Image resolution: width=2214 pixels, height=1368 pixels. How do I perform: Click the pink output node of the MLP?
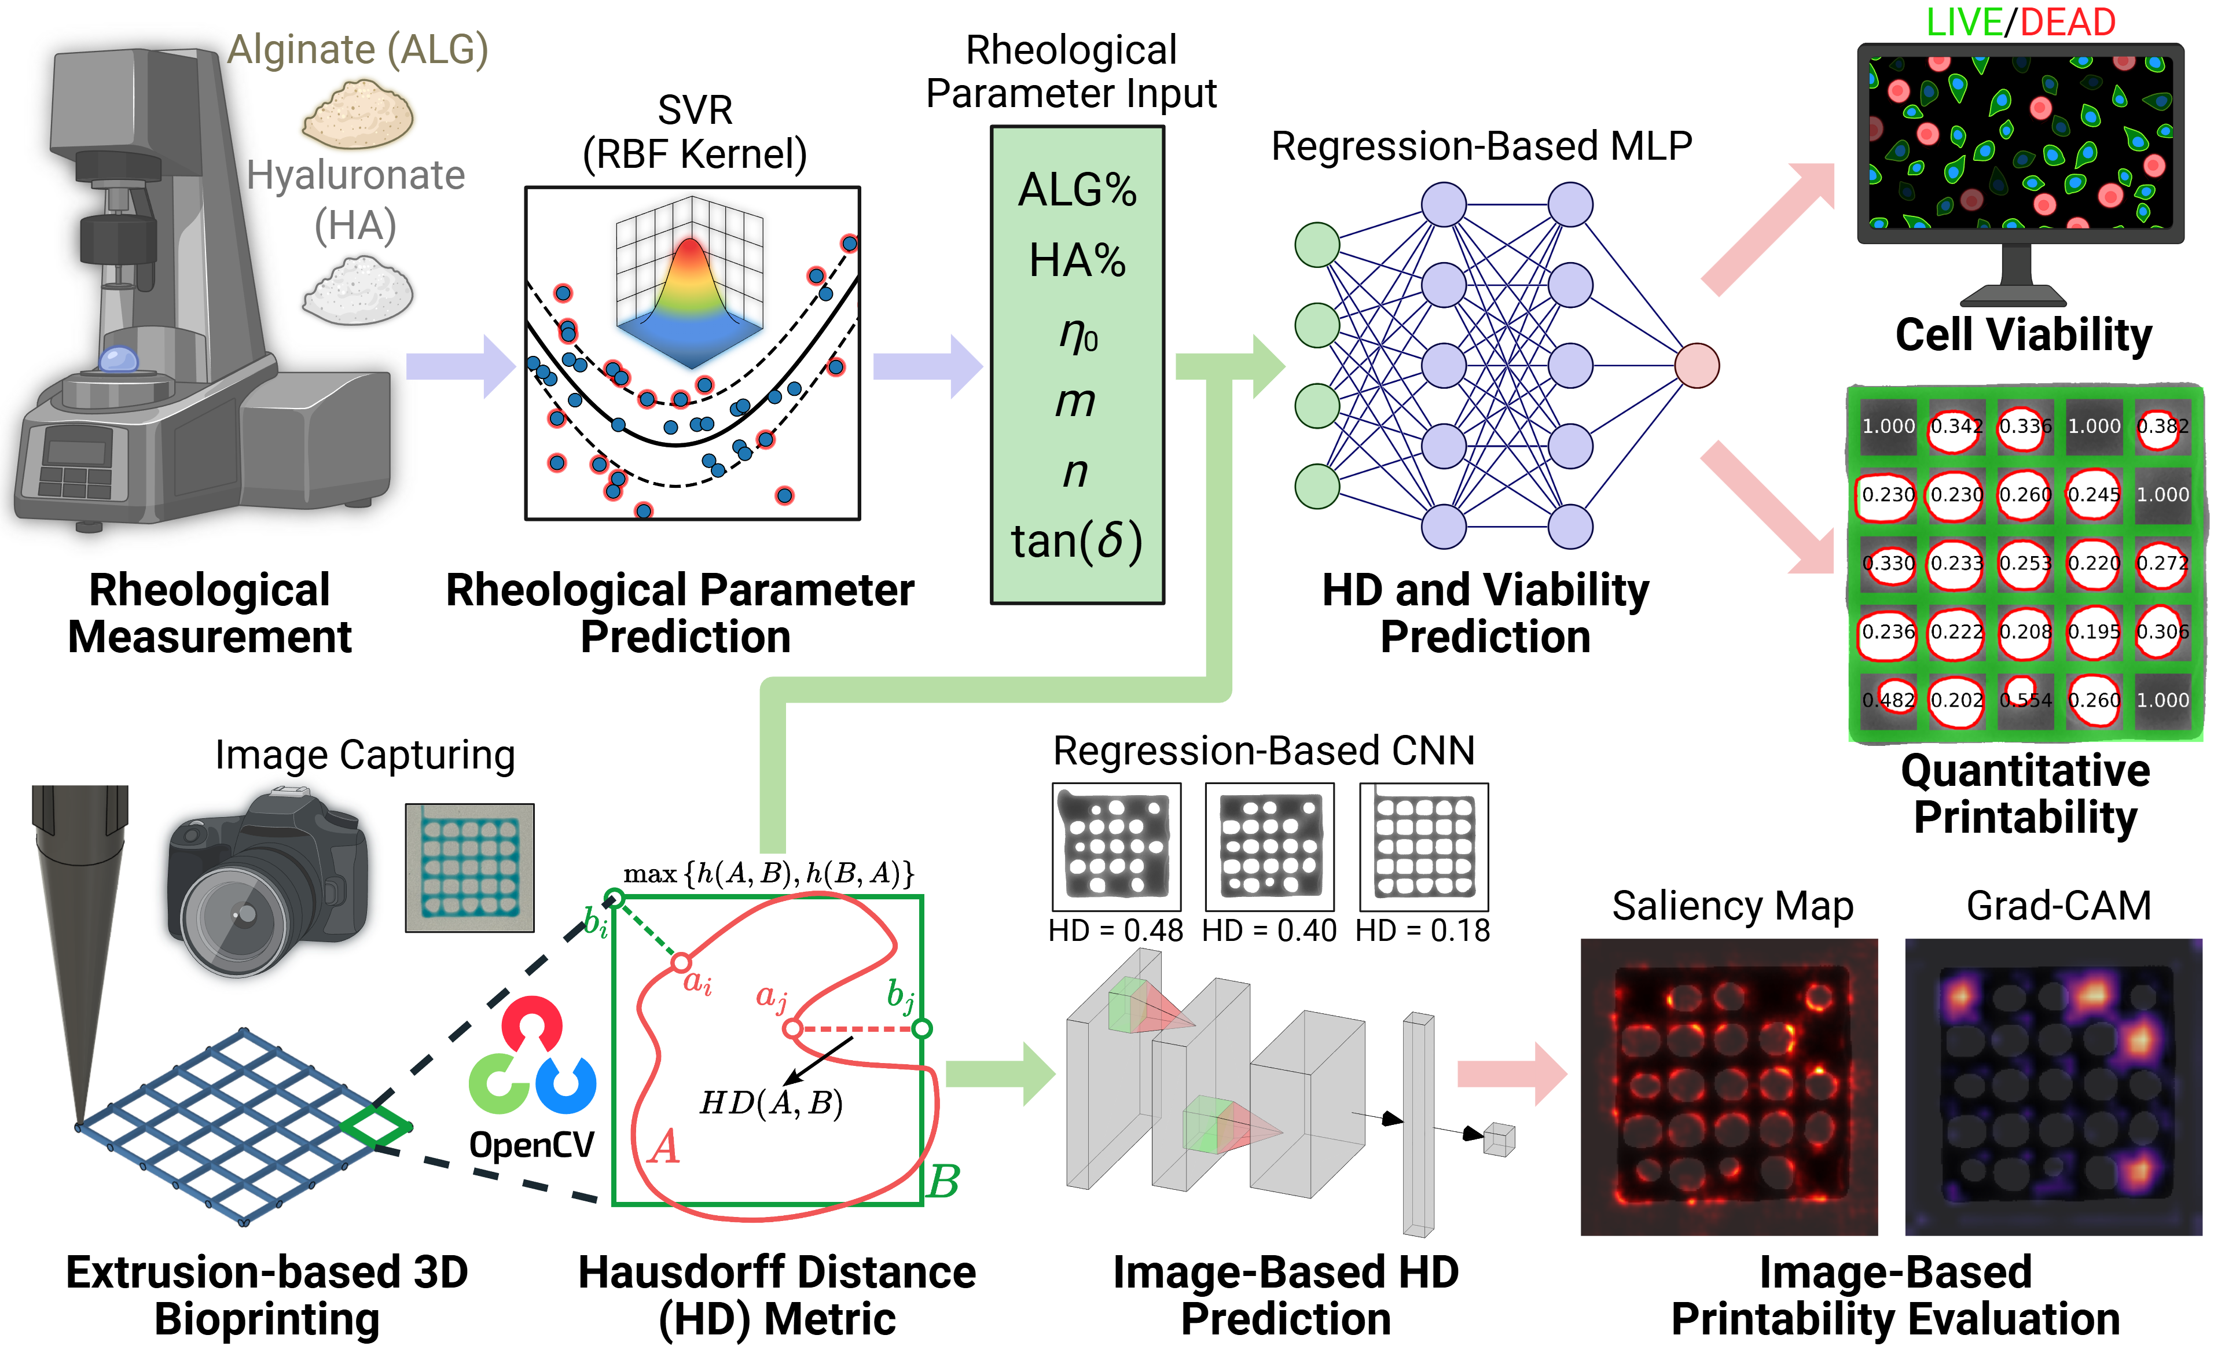coord(1697,366)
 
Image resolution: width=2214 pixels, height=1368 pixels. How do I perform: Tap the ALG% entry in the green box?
coord(1077,191)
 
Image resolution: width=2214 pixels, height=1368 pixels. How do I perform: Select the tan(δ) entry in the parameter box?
coord(1077,541)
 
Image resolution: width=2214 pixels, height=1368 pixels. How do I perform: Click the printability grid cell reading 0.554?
coord(2025,700)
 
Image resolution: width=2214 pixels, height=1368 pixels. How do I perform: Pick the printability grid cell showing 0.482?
coord(1888,700)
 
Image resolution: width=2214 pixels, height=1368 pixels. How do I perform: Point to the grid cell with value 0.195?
coord(2094,631)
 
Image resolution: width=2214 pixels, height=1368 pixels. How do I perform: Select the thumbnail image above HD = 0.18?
coord(1423,847)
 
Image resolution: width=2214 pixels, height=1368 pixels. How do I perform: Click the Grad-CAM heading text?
coord(2058,906)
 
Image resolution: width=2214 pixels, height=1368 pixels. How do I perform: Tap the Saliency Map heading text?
coord(1732,906)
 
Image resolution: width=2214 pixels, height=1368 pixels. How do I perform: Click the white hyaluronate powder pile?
coord(358,289)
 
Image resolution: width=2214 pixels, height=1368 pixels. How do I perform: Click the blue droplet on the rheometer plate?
coord(118,359)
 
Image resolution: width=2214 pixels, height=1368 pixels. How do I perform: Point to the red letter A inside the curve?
coord(663,1148)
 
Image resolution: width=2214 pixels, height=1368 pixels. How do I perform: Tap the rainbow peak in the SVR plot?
coord(691,262)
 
